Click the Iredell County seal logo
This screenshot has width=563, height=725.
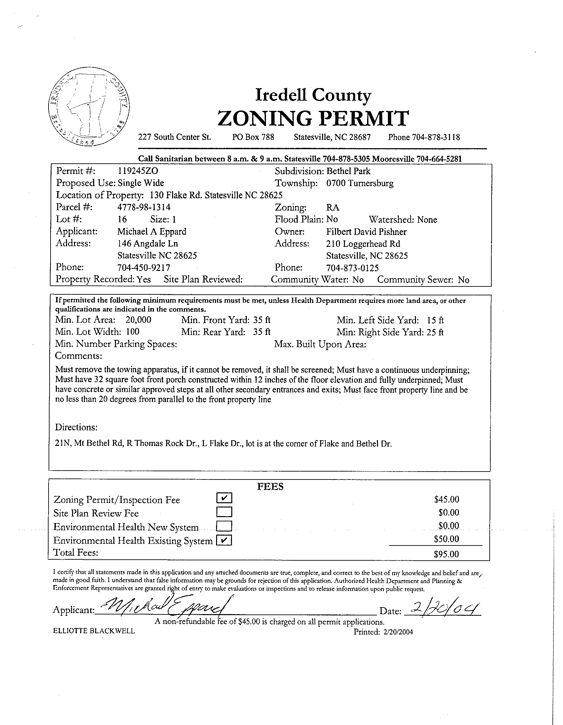pos(89,106)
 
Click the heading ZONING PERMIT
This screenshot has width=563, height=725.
pos(313,118)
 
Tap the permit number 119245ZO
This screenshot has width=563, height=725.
pos(138,171)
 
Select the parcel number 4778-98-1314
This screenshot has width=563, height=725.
pos(144,207)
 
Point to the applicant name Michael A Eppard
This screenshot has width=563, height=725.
pos(152,231)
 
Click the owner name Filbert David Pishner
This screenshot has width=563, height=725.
pos(366,232)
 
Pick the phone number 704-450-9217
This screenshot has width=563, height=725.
pos(144,268)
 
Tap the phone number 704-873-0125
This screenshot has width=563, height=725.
pos(352,268)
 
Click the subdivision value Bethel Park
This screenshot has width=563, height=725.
pos(348,171)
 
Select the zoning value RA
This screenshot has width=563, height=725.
pos(333,208)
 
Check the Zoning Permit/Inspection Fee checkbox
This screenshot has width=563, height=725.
pos(224,498)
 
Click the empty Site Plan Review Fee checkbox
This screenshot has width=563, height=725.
pos(224,512)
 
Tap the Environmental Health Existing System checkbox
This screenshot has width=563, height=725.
pos(224,541)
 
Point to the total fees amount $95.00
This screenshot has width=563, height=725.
pos(446,554)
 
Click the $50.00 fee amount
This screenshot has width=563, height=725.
pos(446,539)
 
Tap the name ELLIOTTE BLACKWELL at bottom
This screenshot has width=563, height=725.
pos(94,631)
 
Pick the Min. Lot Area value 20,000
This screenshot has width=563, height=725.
pos(138,320)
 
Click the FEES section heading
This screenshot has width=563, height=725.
pos(270,487)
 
